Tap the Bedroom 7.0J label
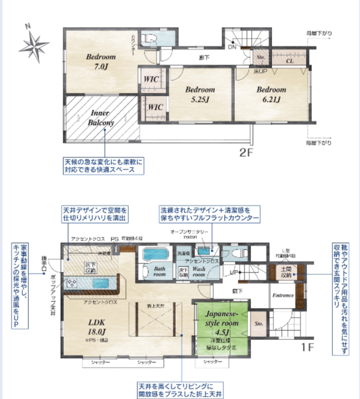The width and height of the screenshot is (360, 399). click(101, 60)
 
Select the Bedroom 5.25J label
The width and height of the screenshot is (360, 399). click(200, 95)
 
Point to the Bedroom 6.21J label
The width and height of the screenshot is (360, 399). click(272, 95)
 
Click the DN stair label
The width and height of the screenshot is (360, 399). click(232, 47)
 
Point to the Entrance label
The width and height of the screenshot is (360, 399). click(282, 295)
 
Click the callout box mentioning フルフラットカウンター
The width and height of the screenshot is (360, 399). click(209, 215)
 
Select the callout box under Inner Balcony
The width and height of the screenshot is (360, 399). click(104, 166)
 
